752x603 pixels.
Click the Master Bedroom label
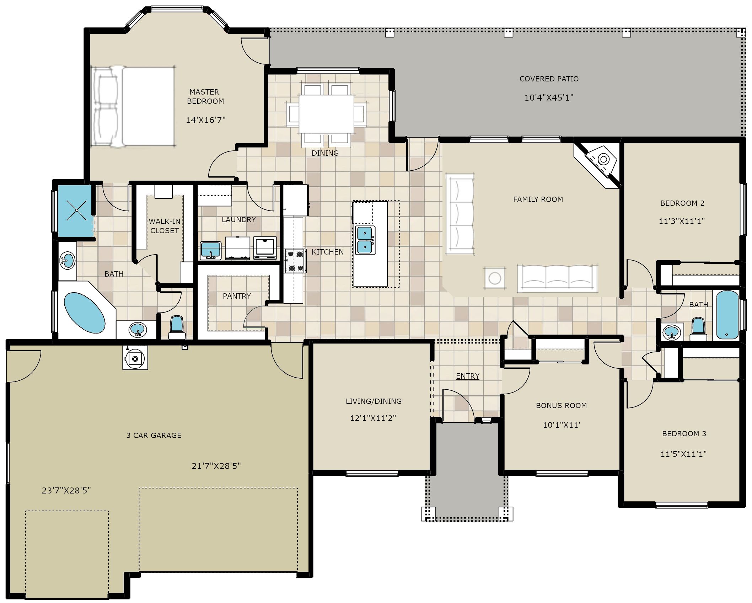pyautogui.click(x=205, y=97)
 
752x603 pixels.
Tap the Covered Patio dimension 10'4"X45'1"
pyautogui.click(x=549, y=97)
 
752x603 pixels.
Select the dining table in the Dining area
pyautogui.click(x=326, y=114)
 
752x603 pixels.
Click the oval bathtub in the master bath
pyautogui.click(x=85, y=313)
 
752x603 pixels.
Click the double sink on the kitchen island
pyautogui.click(x=365, y=240)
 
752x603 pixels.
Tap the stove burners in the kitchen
pyautogui.click(x=295, y=261)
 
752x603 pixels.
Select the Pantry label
pyautogui.click(x=237, y=296)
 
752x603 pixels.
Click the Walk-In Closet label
pyautogui.click(x=165, y=226)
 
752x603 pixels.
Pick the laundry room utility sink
pyautogui.click(x=211, y=250)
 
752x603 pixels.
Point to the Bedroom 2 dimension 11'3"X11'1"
pyautogui.click(x=682, y=221)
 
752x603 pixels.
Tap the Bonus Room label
pyautogui.click(x=561, y=406)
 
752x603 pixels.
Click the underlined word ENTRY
pyautogui.click(x=468, y=376)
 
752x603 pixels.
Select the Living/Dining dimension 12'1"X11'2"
pyautogui.click(x=373, y=418)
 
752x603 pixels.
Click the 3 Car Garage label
pyautogui.click(x=154, y=436)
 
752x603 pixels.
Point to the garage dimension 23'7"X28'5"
pyautogui.click(x=66, y=491)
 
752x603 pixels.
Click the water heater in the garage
pyautogui.click(x=135, y=358)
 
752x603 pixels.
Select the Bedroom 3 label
pyautogui.click(x=684, y=434)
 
